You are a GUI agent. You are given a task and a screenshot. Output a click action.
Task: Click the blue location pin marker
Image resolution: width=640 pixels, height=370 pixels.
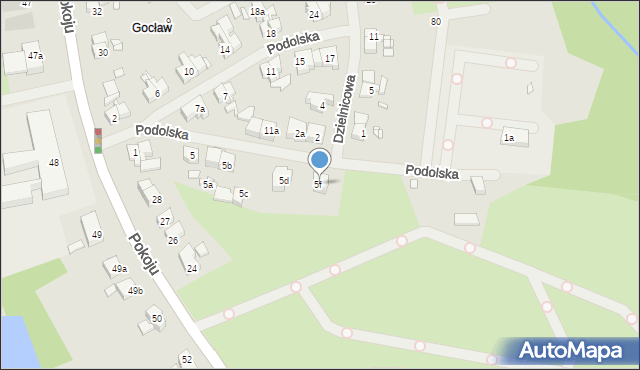(x=319, y=161)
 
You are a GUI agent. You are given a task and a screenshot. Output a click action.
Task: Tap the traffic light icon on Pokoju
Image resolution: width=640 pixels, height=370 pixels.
(x=98, y=140)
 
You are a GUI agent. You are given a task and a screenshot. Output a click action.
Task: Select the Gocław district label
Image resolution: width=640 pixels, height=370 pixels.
(x=152, y=28)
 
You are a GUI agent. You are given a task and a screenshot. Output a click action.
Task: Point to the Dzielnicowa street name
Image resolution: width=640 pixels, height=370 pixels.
(x=346, y=107)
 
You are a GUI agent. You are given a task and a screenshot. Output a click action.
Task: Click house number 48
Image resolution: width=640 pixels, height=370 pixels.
(x=54, y=163)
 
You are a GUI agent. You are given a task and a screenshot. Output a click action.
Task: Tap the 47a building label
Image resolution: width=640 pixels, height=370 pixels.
(x=35, y=56)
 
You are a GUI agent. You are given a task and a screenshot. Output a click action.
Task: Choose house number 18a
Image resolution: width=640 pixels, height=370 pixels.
(x=257, y=11)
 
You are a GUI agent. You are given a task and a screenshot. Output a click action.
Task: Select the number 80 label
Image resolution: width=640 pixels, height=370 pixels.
(x=435, y=22)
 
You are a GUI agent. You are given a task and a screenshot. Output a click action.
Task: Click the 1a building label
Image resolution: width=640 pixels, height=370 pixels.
(x=509, y=138)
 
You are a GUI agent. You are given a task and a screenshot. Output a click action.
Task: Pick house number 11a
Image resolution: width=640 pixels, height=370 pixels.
(x=271, y=131)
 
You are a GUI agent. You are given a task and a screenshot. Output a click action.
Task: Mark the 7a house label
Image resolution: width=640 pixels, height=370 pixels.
(x=200, y=109)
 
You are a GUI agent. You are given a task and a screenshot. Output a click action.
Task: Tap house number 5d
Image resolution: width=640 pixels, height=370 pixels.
(x=284, y=181)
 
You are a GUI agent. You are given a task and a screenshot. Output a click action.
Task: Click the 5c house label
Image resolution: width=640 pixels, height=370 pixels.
(x=243, y=194)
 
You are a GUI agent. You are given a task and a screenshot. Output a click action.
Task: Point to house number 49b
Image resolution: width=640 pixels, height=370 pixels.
(x=135, y=291)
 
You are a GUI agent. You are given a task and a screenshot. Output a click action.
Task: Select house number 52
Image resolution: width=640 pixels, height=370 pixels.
(x=186, y=359)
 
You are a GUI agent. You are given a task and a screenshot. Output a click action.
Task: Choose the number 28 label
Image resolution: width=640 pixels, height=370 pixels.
(x=156, y=200)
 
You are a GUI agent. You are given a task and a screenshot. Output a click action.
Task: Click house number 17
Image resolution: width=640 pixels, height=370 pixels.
(x=330, y=59)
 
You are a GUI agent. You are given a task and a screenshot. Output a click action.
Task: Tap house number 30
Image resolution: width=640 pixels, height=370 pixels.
(x=102, y=52)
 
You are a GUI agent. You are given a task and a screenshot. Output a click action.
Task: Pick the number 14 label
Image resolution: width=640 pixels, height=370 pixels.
(x=225, y=50)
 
